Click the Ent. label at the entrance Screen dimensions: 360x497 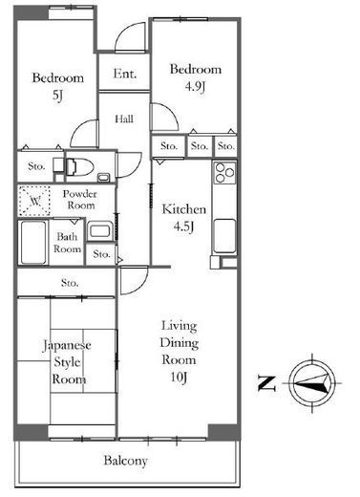(x=125, y=74)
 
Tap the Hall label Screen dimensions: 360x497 (x=124, y=119)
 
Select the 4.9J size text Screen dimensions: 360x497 (x=195, y=87)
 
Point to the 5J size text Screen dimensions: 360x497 (x=57, y=96)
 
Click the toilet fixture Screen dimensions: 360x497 (x=79, y=166)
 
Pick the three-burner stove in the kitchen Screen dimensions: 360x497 (x=224, y=173)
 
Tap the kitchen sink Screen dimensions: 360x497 (x=224, y=236)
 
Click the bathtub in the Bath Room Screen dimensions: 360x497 (x=33, y=243)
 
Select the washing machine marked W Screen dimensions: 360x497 (x=34, y=201)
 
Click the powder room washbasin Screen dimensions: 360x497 (x=99, y=230)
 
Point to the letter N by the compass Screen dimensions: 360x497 (x=266, y=383)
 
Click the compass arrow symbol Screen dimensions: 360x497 (x=313, y=383)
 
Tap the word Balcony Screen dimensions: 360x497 (x=126, y=461)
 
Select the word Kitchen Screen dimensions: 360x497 (x=184, y=209)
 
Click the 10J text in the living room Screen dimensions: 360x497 (x=179, y=378)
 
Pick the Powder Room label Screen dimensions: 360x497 (x=79, y=200)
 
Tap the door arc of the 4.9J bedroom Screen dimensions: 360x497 (x=169, y=112)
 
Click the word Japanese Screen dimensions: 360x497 (x=67, y=345)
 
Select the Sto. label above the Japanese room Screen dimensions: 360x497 (x=70, y=283)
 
